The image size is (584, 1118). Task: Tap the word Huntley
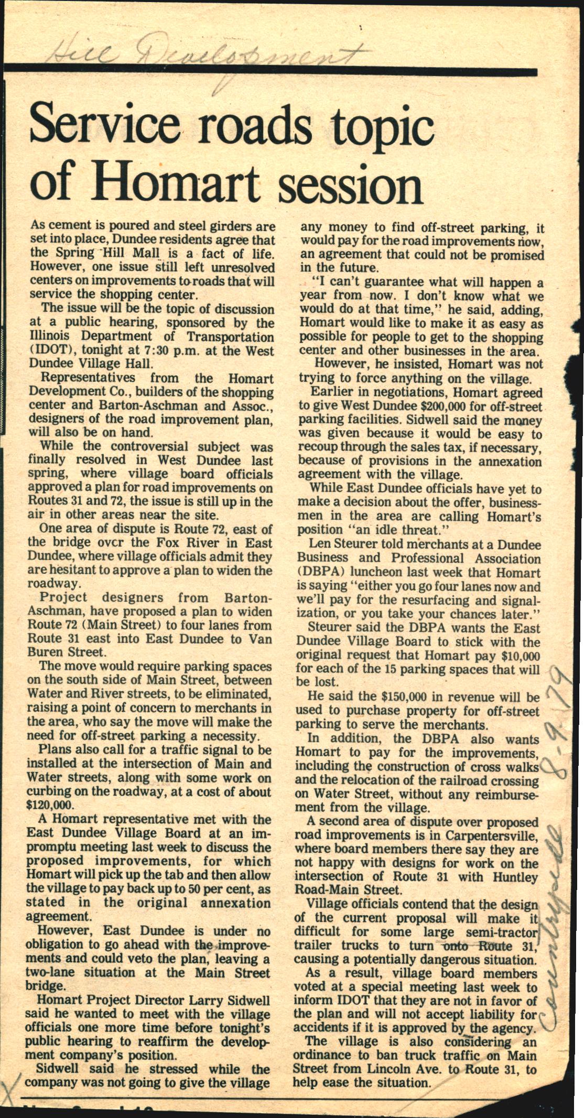tap(516, 876)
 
